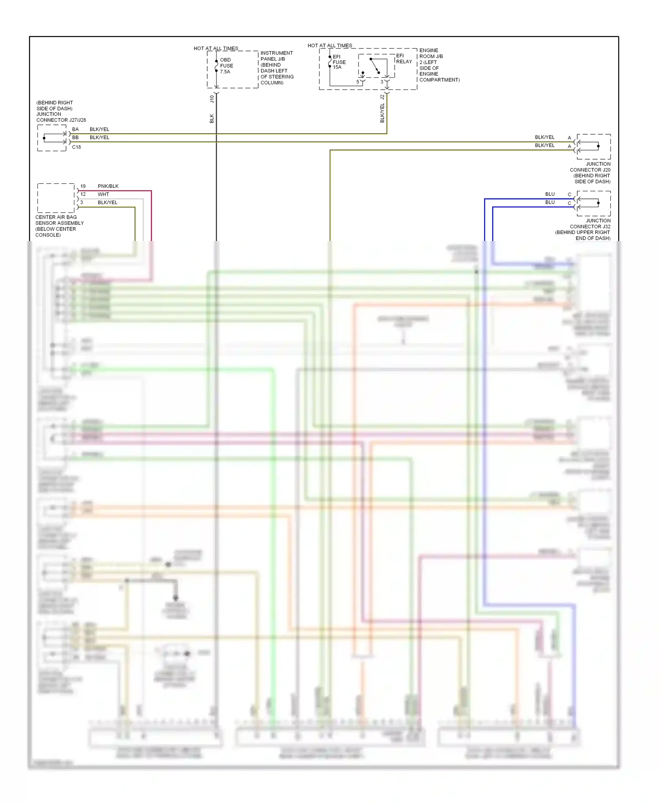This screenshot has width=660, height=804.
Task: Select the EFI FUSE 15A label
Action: (x=339, y=62)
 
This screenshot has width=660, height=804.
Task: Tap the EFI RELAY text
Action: (x=403, y=58)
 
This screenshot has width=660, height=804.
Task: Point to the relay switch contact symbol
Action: (x=375, y=66)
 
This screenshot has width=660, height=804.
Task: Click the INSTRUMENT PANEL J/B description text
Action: (x=277, y=68)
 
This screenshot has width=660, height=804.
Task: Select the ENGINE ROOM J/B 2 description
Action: (x=439, y=65)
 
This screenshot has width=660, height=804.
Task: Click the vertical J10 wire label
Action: (x=212, y=99)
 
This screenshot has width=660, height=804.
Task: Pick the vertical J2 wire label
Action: (x=382, y=97)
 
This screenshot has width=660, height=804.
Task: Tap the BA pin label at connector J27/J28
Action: (x=75, y=129)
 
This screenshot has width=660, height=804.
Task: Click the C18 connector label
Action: (x=77, y=147)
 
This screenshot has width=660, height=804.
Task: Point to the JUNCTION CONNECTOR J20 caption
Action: (x=590, y=172)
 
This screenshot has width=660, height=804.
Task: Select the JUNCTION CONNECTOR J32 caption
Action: (x=583, y=229)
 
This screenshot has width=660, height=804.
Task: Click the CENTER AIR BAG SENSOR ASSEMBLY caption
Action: (x=59, y=226)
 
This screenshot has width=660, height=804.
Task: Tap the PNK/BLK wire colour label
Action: (x=108, y=186)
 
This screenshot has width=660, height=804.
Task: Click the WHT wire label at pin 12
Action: (x=103, y=194)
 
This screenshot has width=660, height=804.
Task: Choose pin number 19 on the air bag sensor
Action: (x=83, y=186)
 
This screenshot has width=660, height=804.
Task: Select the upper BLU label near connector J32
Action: (x=550, y=194)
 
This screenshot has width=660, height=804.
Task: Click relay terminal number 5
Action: (x=358, y=82)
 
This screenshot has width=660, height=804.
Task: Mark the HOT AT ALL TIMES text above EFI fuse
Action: (x=330, y=45)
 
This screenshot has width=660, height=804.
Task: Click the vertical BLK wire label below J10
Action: (x=212, y=118)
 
